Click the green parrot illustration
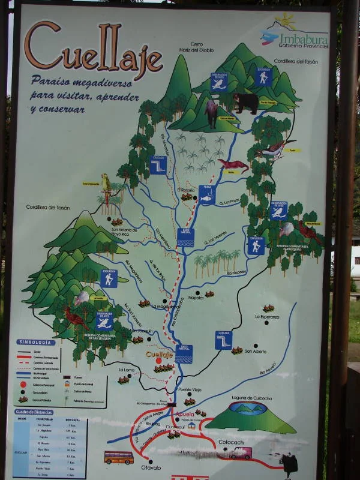coord(106,182)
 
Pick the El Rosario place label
coord(187,190)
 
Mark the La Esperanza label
coord(267,316)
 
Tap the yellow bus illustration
coord(119,457)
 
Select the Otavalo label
coord(151,467)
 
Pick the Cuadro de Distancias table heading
coord(35,412)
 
